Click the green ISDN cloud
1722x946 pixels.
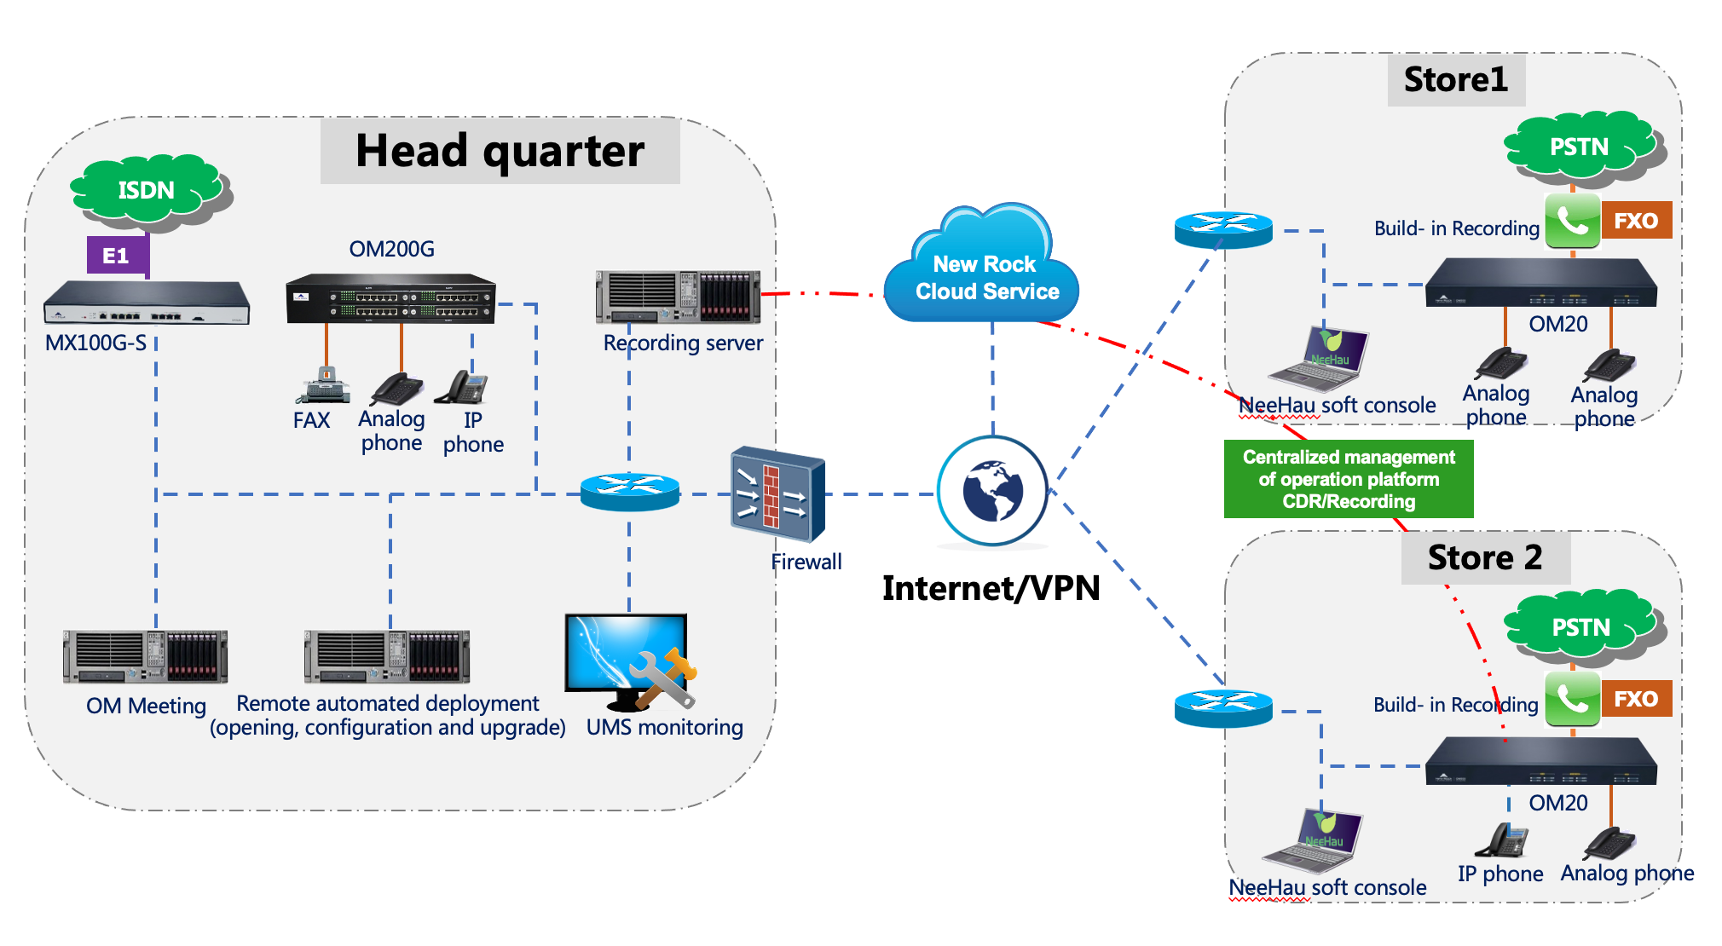coord(147,189)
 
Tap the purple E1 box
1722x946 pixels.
coord(117,255)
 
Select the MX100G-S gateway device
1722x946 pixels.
coord(147,303)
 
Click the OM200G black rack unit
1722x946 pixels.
coord(390,298)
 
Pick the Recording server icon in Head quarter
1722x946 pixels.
coord(678,297)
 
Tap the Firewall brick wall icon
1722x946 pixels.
coord(777,493)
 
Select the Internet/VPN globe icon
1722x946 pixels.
coord(992,491)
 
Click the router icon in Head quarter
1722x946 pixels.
coord(630,491)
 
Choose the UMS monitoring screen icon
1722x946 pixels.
coord(629,661)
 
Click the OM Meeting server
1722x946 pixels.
coord(145,656)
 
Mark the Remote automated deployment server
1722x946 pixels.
coord(387,656)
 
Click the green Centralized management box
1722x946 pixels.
coord(1348,479)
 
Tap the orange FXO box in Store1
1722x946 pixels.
coord(1636,221)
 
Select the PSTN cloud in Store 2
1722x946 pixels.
coord(1581,627)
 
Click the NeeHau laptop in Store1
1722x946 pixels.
coord(1321,358)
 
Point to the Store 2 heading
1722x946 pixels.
coord(1484,557)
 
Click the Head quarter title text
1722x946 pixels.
coord(500,151)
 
